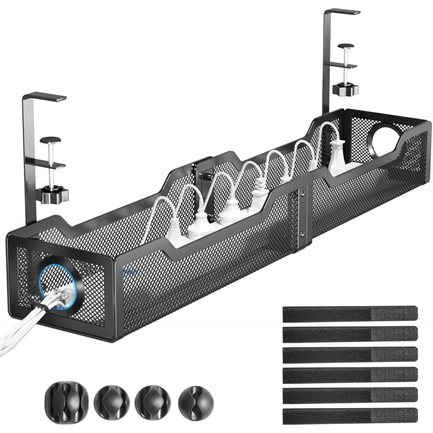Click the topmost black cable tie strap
tap(350, 313)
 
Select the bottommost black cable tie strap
tap(350, 415)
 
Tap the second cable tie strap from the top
tap(350, 333)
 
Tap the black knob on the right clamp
tap(344, 88)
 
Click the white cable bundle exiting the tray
tap(22, 331)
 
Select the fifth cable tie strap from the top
tap(350, 395)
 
